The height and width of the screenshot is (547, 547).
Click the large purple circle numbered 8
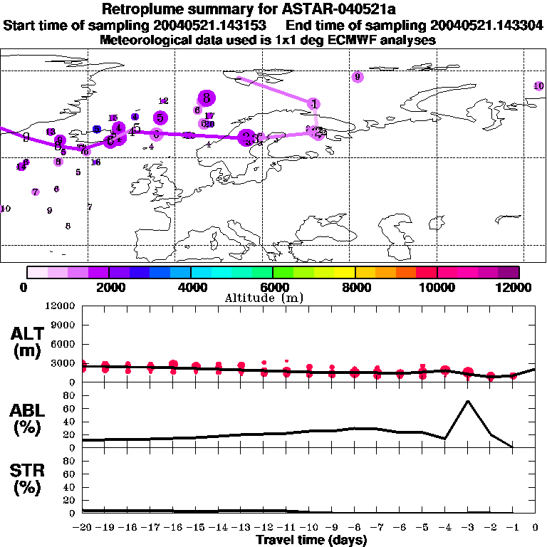pos(206,98)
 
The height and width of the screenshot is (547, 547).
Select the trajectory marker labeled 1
pos(314,104)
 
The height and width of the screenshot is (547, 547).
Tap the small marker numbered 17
pos(209,116)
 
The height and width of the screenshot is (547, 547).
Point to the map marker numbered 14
pos(21,167)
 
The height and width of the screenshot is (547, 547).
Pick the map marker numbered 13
pos(51,132)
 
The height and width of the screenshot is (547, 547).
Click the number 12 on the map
pos(163,101)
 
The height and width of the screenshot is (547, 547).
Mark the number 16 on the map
pos(95,162)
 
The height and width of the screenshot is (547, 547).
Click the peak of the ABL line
pos(467,401)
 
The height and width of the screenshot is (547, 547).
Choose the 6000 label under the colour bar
pos(273,287)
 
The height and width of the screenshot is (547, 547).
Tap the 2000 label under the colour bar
pos(108,287)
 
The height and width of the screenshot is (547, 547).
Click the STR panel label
pos(26,479)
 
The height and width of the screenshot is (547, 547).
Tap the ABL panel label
pos(26,418)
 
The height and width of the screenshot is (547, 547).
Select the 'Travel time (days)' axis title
pos(311,541)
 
